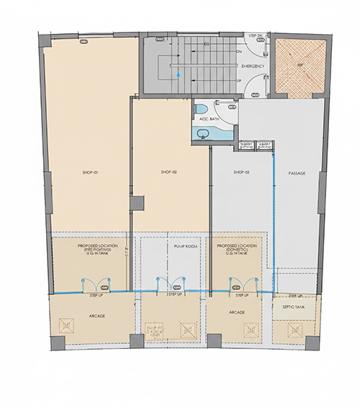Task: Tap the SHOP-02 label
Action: pyautogui.click(x=169, y=173)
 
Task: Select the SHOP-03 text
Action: pyautogui.click(x=242, y=173)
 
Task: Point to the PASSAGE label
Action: pyautogui.click(x=297, y=173)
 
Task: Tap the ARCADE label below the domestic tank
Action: pyautogui.click(x=237, y=312)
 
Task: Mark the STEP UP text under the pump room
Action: pyautogui.click(x=175, y=295)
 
